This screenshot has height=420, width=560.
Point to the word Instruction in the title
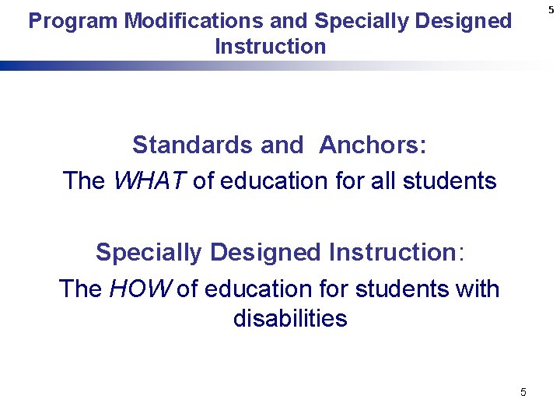pos(270,47)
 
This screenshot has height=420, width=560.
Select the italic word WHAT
pos(149,181)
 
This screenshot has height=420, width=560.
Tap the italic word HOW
pos(142,289)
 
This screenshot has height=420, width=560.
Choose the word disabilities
pos(290,319)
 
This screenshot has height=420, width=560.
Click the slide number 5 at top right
pos(551,9)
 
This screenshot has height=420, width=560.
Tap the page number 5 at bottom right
pos(523,392)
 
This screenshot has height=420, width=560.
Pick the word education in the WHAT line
pos(269,181)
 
